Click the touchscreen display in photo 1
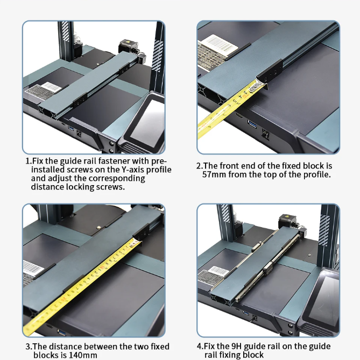point(147,122)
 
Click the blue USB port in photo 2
point(252,124)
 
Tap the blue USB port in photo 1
point(71,128)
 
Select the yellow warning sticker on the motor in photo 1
point(127,42)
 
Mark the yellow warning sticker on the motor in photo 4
point(286,216)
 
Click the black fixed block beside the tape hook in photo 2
point(270,72)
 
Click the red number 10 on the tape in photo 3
point(101,267)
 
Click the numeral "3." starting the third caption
point(29,346)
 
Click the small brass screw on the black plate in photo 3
point(99,227)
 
